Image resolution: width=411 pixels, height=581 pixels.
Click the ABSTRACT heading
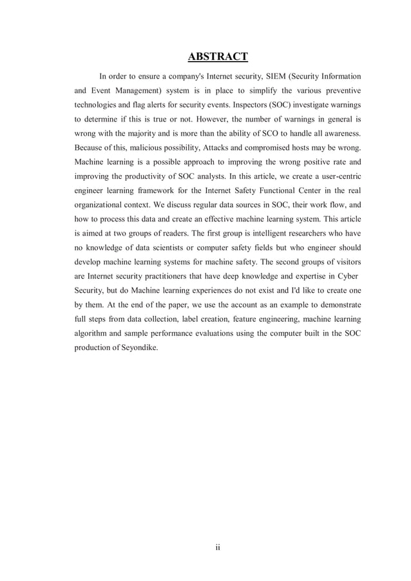(218, 57)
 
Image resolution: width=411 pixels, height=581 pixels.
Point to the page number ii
(218, 548)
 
